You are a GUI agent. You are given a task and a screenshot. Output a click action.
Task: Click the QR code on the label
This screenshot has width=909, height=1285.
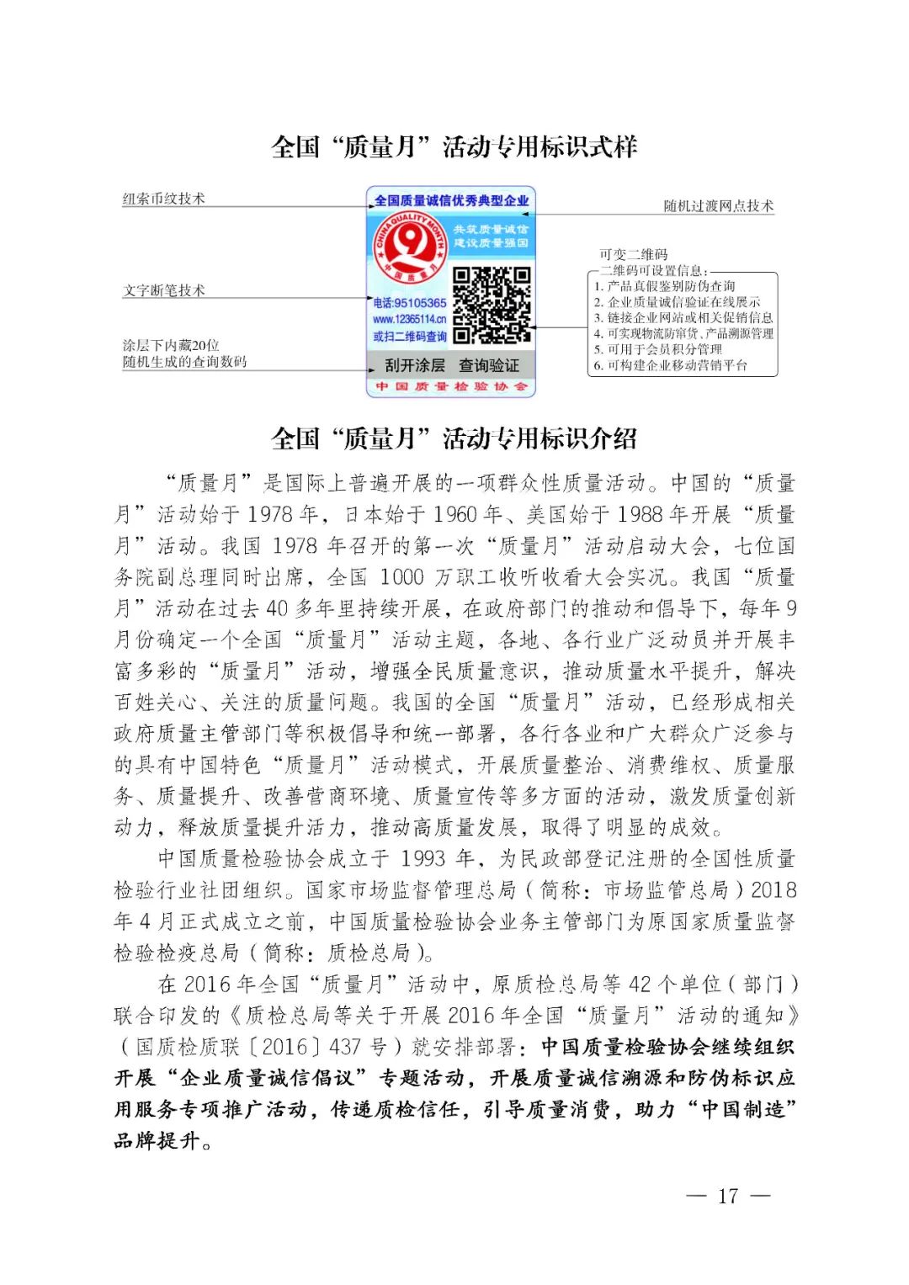pyautogui.click(x=492, y=305)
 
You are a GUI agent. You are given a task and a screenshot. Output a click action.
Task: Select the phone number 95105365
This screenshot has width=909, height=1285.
pyautogui.click(x=410, y=303)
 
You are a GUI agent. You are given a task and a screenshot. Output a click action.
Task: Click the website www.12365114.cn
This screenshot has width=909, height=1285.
pyautogui.click(x=410, y=320)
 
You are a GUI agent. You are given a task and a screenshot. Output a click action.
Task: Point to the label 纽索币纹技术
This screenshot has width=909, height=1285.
pyautogui.click(x=163, y=199)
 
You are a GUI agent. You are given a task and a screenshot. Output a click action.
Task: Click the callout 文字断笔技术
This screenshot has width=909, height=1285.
pyautogui.click(x=163, y=290)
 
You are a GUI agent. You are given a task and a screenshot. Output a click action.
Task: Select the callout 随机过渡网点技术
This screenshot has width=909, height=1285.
pyautogui.click(x=718, y=206)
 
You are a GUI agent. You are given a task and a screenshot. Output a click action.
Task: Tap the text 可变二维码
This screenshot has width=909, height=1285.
pyautogui.click(x=633, y=254)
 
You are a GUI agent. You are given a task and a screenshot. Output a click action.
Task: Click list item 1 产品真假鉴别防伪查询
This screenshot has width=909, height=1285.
pyautogui.click(x=664, y=286)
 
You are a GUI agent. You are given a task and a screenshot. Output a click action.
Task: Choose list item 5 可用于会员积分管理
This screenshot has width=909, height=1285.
pyautogui.click(x=657, y=349)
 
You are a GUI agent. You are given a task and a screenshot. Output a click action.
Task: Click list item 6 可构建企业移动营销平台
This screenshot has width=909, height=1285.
pyautogui.click(x=670, y=365)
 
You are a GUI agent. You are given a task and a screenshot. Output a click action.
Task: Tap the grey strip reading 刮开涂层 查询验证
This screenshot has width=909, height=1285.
pyautogui.click(x=451, y=366)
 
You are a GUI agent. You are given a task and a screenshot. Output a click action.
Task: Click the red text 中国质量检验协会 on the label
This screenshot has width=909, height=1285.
pyautogui.click(x=451, y=386)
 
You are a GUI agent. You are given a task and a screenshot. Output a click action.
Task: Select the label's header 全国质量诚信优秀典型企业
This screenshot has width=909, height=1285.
pyautogui.click(x=451, y=200)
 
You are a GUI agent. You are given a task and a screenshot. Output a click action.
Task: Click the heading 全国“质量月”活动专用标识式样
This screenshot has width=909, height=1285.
pyautogui.click(x=454, y=147)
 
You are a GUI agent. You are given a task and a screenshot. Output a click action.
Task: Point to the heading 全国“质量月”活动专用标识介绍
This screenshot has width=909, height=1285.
pyautogui.click(x=454, y=438)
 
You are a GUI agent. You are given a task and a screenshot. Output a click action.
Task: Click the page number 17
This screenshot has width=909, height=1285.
pyautogui.click(x=728, y=1196)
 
